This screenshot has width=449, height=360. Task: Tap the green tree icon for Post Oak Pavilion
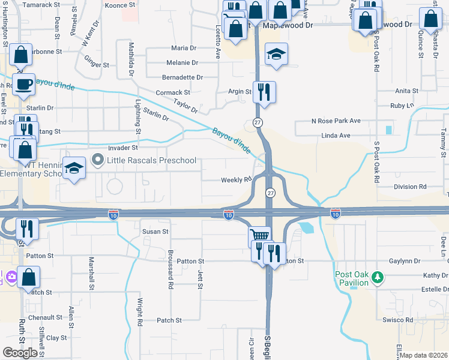[x=378, y=277]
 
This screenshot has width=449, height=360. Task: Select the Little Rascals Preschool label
[x=151, y=160]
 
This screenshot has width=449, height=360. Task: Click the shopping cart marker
[x=259, y=236]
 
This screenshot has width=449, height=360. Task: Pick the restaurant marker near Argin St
[x=264, y=92]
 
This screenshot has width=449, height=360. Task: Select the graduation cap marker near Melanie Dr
[x=276, y=54]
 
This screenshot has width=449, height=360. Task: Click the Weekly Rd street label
[x=235, y=180]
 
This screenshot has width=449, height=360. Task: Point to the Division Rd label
[x=410, y=187]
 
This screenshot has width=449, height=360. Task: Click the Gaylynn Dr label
[x=404, y=261]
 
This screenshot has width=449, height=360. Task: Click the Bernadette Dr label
[x=182, y=77]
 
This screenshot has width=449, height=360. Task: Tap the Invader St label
[x=123, y=147]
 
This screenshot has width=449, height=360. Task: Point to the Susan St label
[x=155, y=231]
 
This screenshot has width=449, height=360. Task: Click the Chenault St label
[x=45, y=317]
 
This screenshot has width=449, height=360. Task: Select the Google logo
[x=20, y=353]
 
